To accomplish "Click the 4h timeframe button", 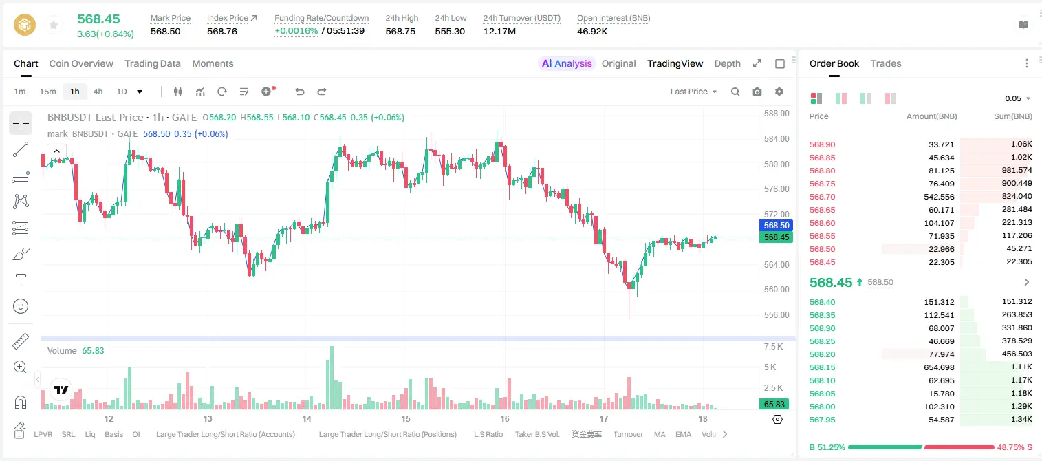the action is (98, 92).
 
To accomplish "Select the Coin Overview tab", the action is (81, 63).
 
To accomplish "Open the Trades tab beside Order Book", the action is (886, 63).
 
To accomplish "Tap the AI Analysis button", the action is (567, 63).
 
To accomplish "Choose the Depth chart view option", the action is (727, 63).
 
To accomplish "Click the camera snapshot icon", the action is (757, 92).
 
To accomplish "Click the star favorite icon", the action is (54, 25).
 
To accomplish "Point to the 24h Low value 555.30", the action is (450, 31).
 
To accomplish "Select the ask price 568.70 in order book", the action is (822, 197).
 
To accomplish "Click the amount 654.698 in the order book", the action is (939, 367).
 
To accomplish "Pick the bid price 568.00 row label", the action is (822, 407).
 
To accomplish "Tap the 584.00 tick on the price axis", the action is (777, 138).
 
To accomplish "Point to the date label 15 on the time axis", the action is (406, 418).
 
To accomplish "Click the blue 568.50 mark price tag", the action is (776, 225).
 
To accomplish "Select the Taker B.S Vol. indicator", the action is (536, 434).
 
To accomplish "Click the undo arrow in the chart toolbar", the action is (300, 92).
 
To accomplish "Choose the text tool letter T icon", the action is (21, 280).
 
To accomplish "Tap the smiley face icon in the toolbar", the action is (21, 306).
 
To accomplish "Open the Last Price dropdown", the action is (693, 92).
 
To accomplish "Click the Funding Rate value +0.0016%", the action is (296, 31).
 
